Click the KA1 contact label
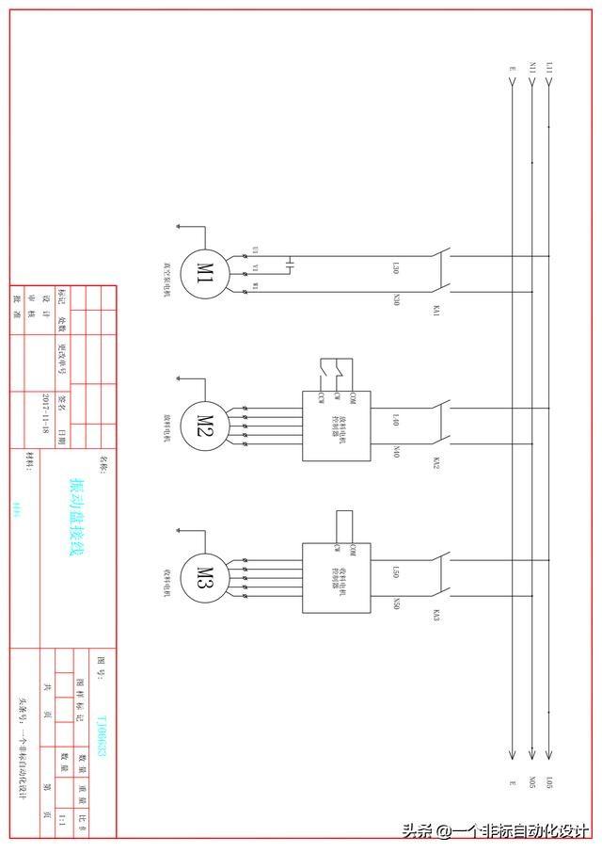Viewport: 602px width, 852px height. tap(436, 311)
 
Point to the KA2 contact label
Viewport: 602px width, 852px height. tap(436, 463)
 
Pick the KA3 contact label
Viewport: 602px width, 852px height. tap(436, 615)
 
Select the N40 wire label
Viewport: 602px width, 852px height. tap(396, 451)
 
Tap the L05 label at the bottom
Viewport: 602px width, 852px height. tap(549, 781)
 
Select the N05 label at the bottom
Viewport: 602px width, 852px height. tap(533, 781)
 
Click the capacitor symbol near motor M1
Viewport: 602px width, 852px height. tap(290, 263)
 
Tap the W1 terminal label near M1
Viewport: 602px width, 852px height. tap(255, 284)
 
